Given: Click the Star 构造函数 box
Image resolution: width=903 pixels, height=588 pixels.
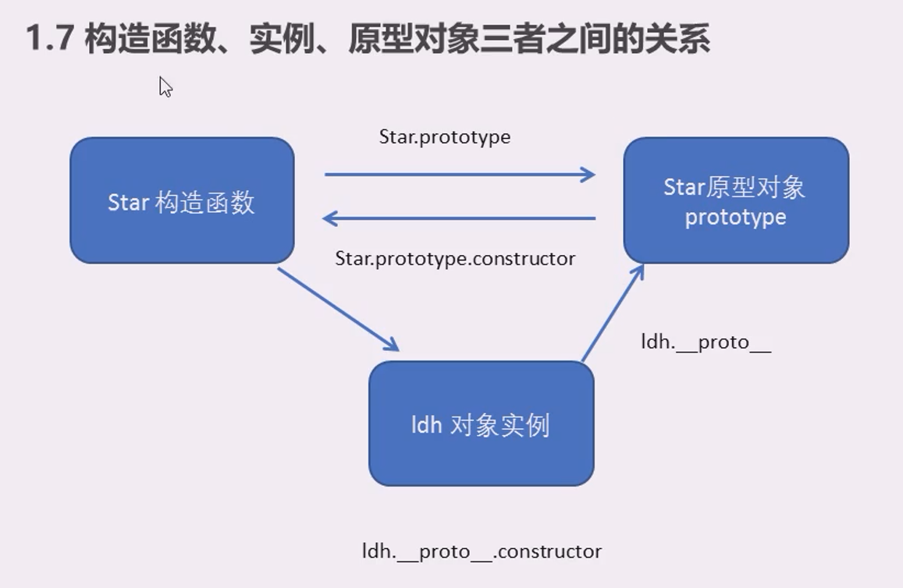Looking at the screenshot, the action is [182, 200].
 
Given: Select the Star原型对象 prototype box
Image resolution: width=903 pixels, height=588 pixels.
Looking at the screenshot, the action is [736, 200].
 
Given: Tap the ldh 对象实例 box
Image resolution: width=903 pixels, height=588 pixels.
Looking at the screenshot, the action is [482, 423].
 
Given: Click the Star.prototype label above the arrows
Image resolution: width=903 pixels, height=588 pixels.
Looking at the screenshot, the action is [445, 137].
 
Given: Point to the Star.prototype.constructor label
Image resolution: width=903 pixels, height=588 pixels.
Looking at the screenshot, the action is [455, 259].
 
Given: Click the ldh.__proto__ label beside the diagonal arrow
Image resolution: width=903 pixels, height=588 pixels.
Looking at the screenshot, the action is [706, 342].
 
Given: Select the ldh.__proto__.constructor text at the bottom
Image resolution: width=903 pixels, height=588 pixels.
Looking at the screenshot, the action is [482, 552].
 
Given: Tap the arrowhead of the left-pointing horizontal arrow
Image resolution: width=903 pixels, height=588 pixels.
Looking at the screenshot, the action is [329, 218].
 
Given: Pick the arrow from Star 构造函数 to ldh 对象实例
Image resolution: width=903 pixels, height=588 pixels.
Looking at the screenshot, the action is [339, 310].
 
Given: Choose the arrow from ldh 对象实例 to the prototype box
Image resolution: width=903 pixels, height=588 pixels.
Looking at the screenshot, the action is [613, 313].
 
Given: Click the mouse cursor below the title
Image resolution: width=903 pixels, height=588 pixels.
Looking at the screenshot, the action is [166, 87].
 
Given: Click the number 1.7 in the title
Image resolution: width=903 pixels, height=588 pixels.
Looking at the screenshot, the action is [49, 38].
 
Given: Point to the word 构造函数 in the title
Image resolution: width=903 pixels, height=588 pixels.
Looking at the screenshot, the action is [151, 38].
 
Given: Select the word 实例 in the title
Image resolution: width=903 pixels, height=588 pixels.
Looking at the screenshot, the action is [283, 38].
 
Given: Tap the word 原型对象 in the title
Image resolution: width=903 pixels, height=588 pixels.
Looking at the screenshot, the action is [414, 38].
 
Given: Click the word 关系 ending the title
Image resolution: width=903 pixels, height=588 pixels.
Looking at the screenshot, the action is [677, 38].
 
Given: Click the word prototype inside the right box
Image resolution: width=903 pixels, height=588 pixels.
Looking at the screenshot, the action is [735, 218].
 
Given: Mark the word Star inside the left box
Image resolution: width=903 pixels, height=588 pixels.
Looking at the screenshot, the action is [128, 203].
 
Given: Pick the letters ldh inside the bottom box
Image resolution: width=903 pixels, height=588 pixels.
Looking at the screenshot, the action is [426, 425].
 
